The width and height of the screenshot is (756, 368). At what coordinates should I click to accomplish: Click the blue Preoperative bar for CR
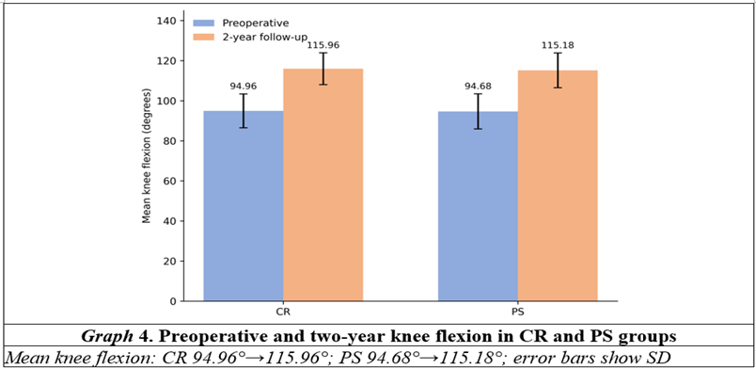tap(243, 206)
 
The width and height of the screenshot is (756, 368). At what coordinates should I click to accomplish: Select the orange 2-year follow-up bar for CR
tap(323, 185)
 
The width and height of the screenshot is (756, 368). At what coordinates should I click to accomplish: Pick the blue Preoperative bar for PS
tap(478, 206)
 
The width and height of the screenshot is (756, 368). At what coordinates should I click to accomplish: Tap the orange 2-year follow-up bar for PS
tap(558, 185)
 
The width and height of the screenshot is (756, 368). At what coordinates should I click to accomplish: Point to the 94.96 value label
tap(243, 87)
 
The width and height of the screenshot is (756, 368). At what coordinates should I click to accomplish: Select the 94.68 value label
tap(478, 87)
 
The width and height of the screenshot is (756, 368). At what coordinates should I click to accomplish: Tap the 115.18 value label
tap(558, 45)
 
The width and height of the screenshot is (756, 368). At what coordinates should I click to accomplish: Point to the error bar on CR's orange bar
tap(323, 69)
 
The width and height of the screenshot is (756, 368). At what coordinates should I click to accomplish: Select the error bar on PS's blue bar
tap(478, 111)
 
